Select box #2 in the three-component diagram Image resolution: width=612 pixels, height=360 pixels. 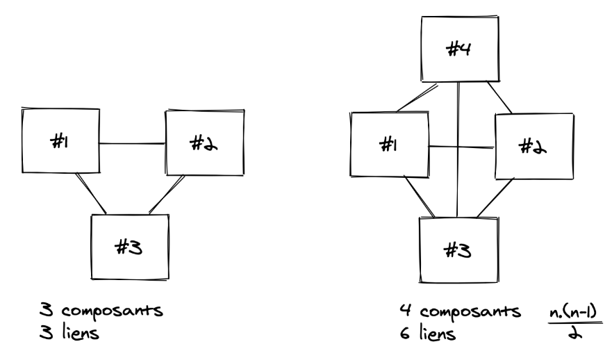click(205, 142)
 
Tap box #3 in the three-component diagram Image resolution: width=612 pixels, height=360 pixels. click(131, 247)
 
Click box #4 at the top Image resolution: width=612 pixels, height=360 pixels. click(458, 49)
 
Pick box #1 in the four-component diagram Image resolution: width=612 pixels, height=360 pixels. click(389, 147)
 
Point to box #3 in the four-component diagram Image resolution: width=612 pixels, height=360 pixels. click(458, 249)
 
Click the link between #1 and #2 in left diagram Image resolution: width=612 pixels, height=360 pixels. click(132, 144)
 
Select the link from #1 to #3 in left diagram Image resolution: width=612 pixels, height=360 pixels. click(91, 193)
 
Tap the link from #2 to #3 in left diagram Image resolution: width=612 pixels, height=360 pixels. click(167, 195)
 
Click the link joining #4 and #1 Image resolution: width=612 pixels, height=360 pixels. click(417, 97)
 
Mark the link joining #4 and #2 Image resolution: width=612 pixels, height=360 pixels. click(499, 97)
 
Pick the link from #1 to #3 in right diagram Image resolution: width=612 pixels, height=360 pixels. click(421, 197)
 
